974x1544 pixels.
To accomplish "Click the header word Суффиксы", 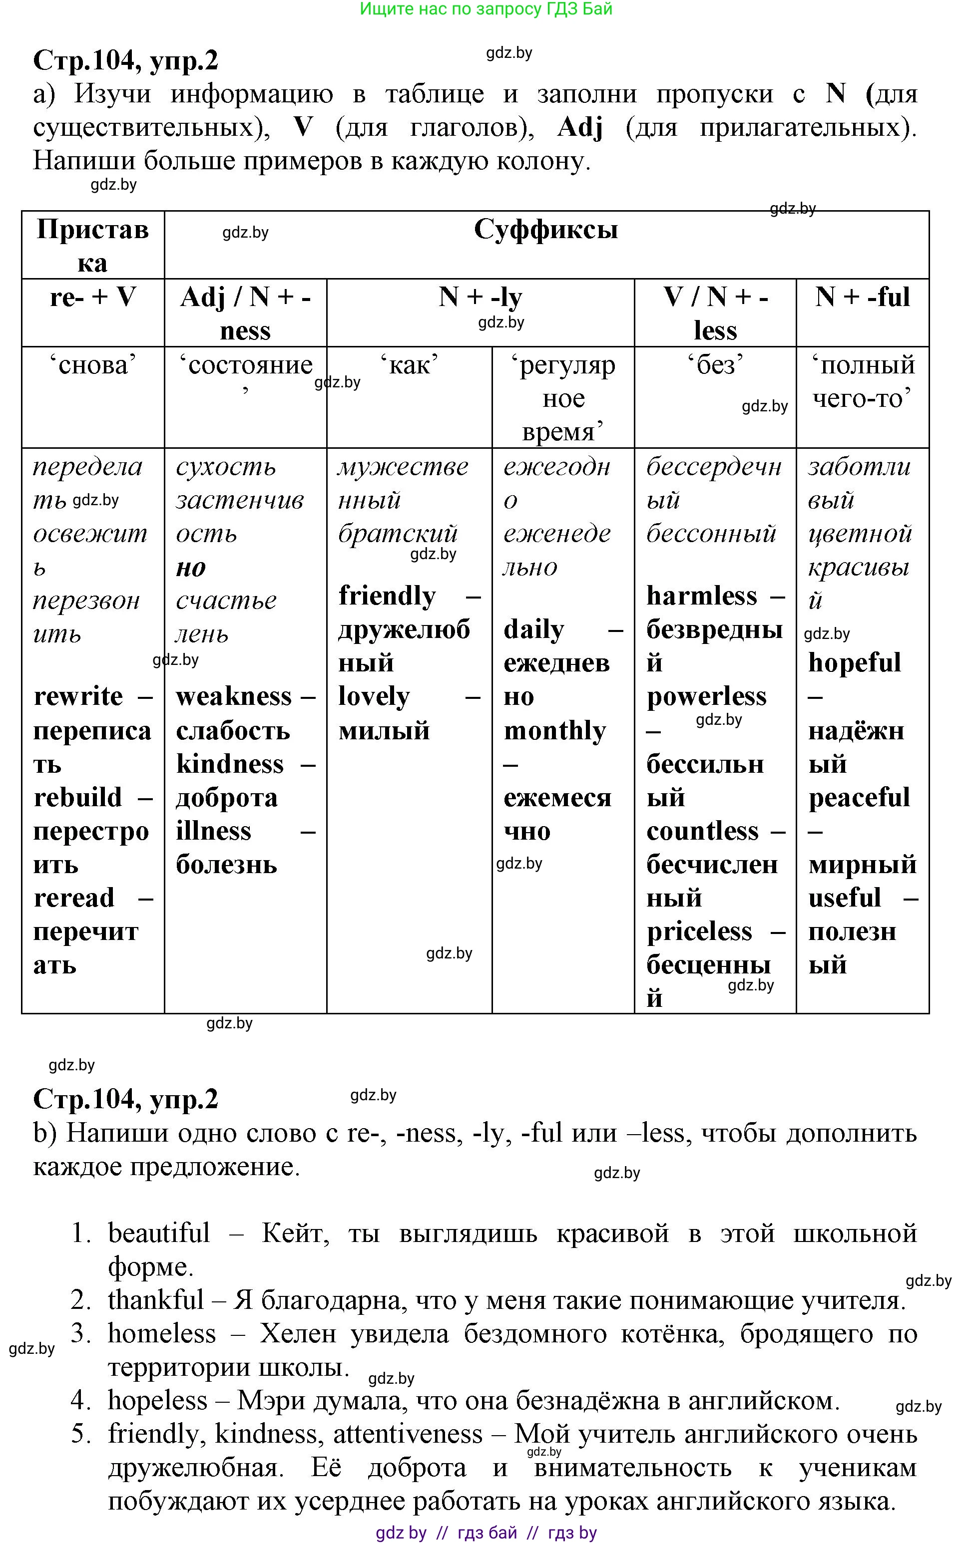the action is pos(545,230).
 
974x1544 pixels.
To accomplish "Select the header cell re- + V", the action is pos(93,298).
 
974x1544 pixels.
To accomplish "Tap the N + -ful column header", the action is pos(862,298).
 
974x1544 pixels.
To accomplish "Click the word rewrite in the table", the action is pos(78,696).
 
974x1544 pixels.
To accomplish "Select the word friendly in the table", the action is pos(387,597).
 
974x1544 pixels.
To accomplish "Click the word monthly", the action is pos(555,731).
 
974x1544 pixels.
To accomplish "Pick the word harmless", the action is pos(701,597).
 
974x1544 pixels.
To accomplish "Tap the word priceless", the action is pos(699,931).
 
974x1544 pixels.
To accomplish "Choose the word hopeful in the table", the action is pos(854,663).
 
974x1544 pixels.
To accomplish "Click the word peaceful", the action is pos(859,798).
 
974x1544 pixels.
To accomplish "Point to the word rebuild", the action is pos(77,798).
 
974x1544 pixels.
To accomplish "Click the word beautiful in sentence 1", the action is pos(158,1233).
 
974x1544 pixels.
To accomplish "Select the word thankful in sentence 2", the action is pos(155,1300).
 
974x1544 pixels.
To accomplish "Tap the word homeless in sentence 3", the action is pos(162,1334).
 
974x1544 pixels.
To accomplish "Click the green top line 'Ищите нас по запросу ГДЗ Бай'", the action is pos(486,9).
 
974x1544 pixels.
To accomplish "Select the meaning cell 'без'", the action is pos(715,365).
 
